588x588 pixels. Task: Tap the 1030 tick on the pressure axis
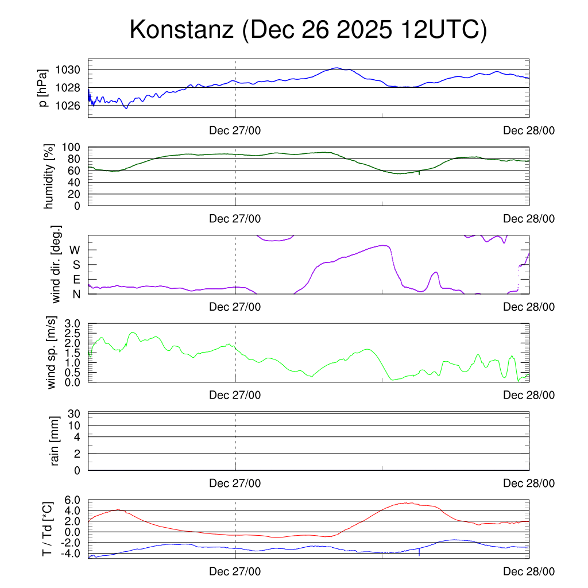pyautogui.click(x=68, y=69)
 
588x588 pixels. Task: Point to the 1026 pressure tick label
pyautogui.click(x=68, y=106)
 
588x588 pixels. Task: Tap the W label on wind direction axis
pyautogui.click(x=75, y=250)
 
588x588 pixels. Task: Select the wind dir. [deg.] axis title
pyautogui.click(x=56, y=265)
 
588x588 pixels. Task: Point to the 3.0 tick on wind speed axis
pyautogui.click(x=73, y=324)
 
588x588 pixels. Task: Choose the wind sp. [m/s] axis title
pyautogui.click(x=52, y=353)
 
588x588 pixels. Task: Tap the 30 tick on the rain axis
pyautogui.click(x=75, y=413)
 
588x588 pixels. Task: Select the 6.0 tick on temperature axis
pyautogui.click(x=73, y=500)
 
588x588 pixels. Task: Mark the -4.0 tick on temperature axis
pyautogui.click(x=71, y=553)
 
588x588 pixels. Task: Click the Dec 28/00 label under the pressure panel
pyautogui.click(x=529, y=131)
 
